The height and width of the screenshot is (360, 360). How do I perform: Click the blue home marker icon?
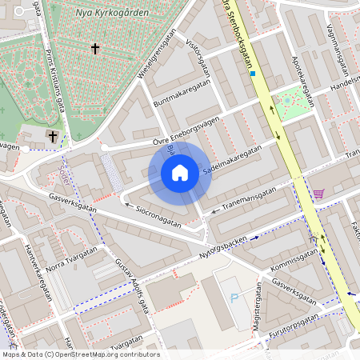pyautogui.click(x=180, y=173)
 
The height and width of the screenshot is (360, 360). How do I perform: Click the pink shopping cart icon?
pyautogui.click(x=318, y=193)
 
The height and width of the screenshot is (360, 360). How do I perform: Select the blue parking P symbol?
pyautogui.click(x=234, y=298)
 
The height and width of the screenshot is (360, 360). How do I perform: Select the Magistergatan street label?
pyautogui.click(x=259, y=307)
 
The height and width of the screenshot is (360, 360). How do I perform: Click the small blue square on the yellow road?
pyautogui.click(x=253, y=74)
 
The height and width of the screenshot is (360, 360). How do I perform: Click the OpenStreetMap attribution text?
pyautogui.click(x=80, y=354)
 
